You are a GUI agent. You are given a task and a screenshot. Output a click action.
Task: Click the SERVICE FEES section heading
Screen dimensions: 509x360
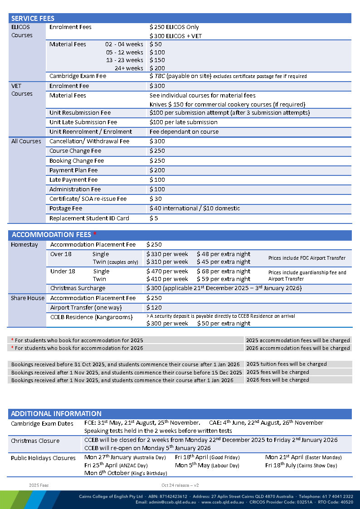pos(33,19)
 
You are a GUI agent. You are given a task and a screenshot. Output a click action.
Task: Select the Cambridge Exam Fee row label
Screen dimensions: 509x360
pos(78,76)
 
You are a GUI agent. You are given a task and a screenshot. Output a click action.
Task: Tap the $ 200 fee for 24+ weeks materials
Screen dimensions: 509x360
pos(157,68)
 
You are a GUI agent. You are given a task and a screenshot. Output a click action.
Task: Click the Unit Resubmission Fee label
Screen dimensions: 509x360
pos(80,112)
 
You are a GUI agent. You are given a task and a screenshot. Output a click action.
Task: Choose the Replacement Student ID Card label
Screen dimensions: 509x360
pos(89,218)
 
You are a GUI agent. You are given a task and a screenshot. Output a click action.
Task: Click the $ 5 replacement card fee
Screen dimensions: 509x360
pos(154,218)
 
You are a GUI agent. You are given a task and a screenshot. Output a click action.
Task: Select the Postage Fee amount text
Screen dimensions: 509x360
pos(195,208)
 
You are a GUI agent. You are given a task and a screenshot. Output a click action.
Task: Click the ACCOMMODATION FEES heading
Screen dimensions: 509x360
pos(51,235)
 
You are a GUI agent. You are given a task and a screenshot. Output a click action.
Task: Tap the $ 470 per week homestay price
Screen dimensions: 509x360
pos(167,271)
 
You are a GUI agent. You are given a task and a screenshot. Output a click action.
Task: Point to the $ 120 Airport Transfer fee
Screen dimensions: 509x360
pos(154,307)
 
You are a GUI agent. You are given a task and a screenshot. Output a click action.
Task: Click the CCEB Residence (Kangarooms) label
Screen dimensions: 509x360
pos(91,317)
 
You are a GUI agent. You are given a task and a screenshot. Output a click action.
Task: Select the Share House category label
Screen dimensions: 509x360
pos(28,298)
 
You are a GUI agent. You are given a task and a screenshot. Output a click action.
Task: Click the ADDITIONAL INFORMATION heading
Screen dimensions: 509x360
pos(56,414)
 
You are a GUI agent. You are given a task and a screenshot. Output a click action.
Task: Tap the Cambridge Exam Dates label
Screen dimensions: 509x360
pos(42,423)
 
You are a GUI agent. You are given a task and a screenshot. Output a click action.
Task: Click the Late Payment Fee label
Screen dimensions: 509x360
pos(73,180)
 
